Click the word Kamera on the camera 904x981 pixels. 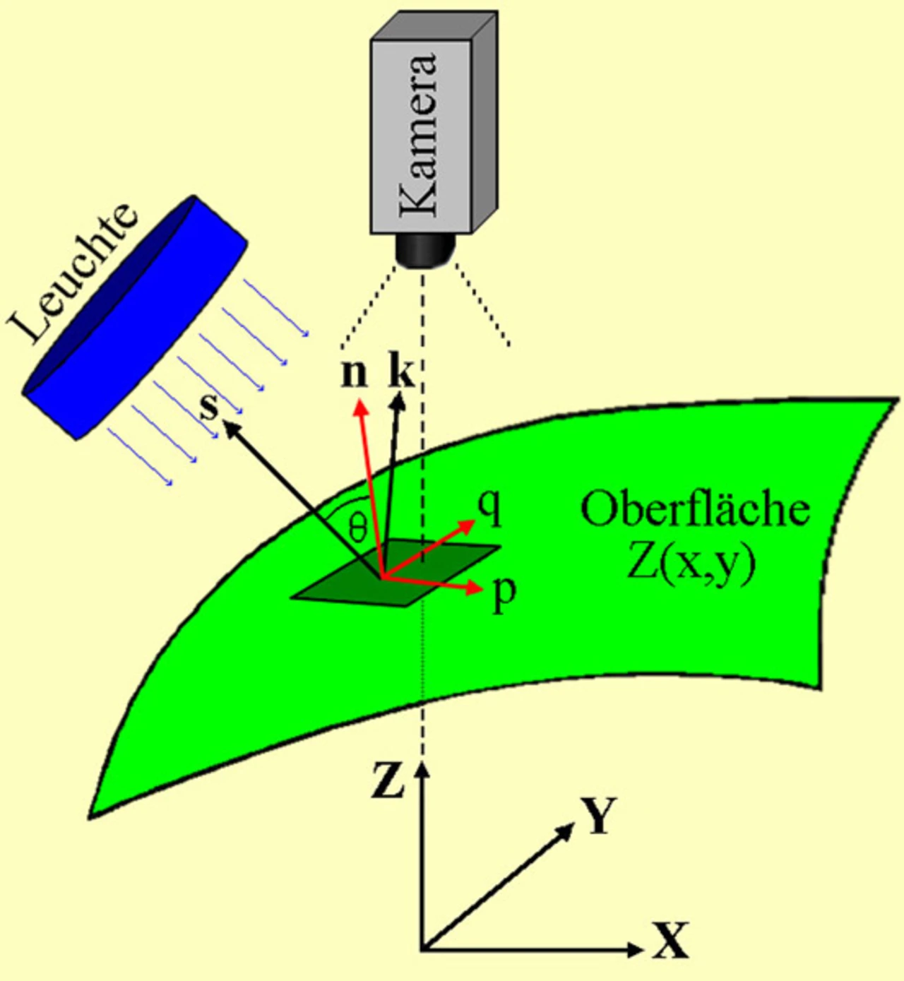tap(419, 134)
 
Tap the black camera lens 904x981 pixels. tap(424, 251)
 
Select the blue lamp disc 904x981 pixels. tap(134, 318)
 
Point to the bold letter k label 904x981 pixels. tap(401, 372)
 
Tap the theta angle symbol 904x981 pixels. tap(358, 527)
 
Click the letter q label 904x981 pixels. tap(489, 506)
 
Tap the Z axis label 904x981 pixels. tap(388, 781)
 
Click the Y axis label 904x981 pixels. tap(599, 816)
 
